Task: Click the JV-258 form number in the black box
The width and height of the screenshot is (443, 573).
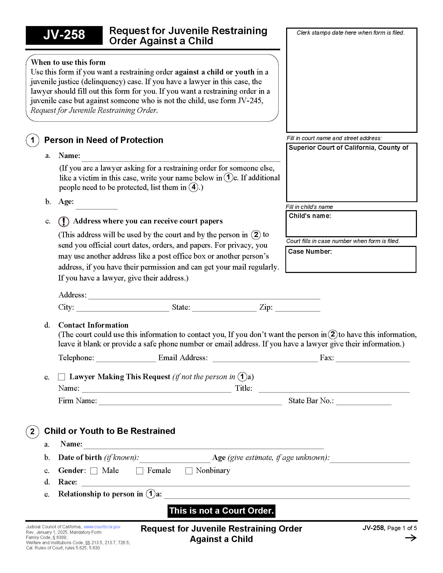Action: click(x=64, y=35)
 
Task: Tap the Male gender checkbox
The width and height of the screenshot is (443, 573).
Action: click(x=94, y=471)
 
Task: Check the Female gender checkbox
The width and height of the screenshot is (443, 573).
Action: click(x=140, y=471)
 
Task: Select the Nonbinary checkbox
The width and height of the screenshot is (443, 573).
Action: click(x=189, y=471)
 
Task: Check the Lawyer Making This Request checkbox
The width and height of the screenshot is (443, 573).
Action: click(x=61, y=377)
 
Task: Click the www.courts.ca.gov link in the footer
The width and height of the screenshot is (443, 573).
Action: click(x=102, y=527)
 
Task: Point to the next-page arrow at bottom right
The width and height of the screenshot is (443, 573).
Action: click(x=411, y=538)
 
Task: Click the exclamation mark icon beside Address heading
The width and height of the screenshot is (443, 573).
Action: click(x=64, y=222)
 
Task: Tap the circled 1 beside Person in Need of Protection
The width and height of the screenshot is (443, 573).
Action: click(x=33, y=140)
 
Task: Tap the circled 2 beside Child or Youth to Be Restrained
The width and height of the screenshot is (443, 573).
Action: click(x=33, y=432)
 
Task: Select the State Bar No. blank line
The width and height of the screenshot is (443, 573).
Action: click(x=364, y=402)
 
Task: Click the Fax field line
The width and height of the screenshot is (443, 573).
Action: click(x=372, y=359)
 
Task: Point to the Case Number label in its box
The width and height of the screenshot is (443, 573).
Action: click(x=310, y=252)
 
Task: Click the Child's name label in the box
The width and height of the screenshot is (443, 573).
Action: click(x=310, y=216)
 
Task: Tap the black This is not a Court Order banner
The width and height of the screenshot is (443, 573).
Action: click(x=221, y=511)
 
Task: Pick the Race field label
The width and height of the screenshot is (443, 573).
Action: click(x=67, y=482)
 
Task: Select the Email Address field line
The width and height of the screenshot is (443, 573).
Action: click(x=265, y=359)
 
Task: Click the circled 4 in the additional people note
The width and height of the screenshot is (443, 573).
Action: click(x=193, y=187)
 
